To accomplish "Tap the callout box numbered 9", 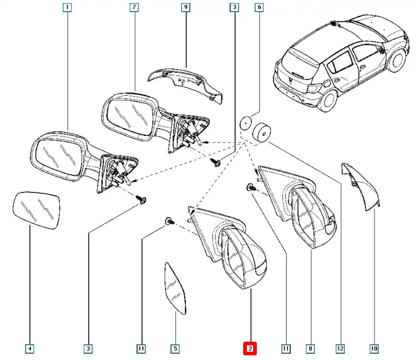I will coord(186,7).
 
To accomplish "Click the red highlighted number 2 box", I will coord(250,348).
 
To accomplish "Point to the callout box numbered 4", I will coord(30,348).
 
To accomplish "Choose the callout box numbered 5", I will coord(175,348).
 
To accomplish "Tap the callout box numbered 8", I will coord(311,348).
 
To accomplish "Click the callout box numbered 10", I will coord(374,348).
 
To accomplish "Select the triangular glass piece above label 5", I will coord(175,288).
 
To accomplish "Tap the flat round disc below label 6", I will coord(245,123).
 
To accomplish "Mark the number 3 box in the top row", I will coord(234,7).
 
